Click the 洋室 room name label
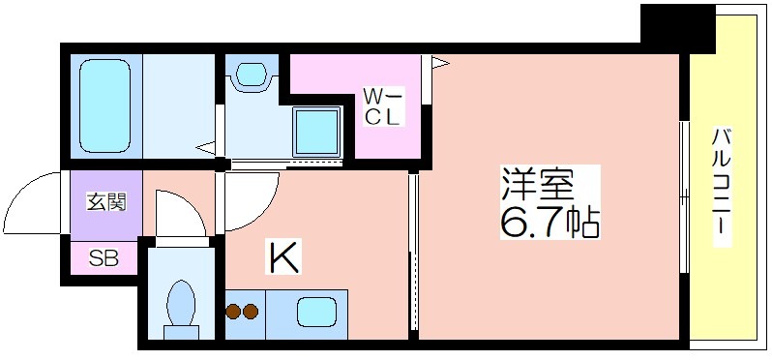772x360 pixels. click(538, 183)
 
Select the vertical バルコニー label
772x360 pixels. click(722, 187)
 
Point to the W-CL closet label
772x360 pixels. click(383, 105)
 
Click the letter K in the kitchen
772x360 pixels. click(283, 256)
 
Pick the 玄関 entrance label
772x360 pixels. click(106, 202)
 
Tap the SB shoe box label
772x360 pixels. click(104, 258)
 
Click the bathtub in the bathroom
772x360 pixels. click(104, 105)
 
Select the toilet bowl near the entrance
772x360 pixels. click(181, 308)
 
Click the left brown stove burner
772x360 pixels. click(233, 312)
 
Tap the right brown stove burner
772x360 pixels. click(251, 312)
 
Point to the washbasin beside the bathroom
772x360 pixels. click(251, 74)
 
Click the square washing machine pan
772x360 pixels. click(317, 132)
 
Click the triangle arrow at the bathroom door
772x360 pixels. click(206, 147)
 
